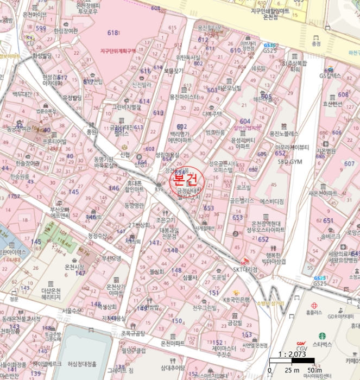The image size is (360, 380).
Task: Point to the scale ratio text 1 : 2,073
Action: point(292,353)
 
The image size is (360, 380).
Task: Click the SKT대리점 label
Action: point(245,269)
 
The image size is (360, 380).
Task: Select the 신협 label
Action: point(125,154)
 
